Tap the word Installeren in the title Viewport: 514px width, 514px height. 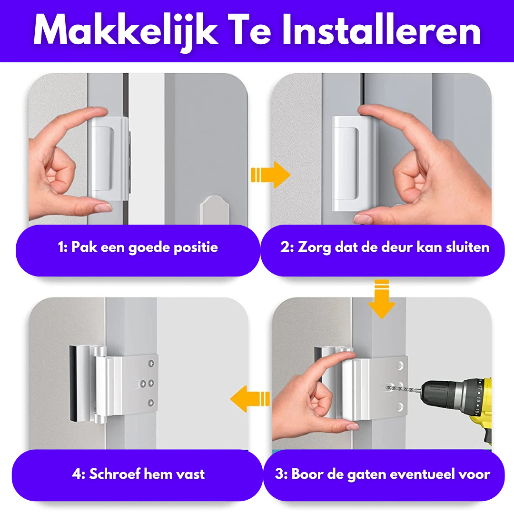click(381, 30)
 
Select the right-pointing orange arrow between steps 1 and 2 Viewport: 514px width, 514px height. click(270, 175)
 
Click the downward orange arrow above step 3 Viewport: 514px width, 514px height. click(382, 299)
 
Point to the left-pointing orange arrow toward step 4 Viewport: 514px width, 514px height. click(250, 399)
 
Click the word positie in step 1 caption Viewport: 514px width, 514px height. click(196, 247)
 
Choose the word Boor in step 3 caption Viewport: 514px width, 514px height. click(307, 474)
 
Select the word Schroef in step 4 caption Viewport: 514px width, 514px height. click(114, 474)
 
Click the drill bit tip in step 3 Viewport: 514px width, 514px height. click(386, 388)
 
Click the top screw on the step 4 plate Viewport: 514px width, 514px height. click(151, 363)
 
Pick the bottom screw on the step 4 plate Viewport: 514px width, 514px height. click(151, 403)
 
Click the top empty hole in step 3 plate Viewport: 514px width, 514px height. click(400, 366)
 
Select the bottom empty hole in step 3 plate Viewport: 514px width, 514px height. click(400, 407)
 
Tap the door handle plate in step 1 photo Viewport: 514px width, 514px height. click(215, 210)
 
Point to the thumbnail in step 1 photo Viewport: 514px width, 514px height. click(103, 207)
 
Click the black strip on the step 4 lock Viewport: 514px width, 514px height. click(73, 383)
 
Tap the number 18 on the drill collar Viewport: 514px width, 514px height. click(479, 400)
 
